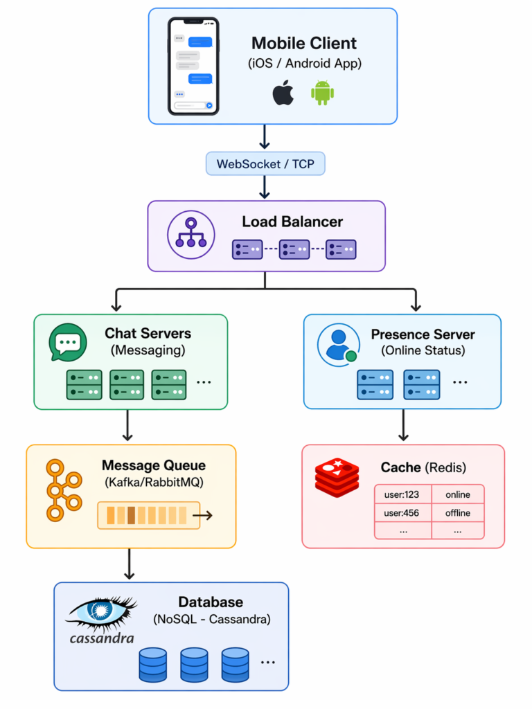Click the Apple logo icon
283,93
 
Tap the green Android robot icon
323,93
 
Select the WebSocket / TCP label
265,164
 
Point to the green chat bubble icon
68,342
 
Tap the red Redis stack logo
337,478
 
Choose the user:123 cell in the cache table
402,494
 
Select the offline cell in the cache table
458,513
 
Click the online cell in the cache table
458,494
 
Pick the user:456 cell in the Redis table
402,513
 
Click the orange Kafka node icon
63,489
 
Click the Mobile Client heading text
304,43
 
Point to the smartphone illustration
193,66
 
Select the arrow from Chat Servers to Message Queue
127,426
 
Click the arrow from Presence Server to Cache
403,426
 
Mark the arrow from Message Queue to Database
127,564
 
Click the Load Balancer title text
292,222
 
